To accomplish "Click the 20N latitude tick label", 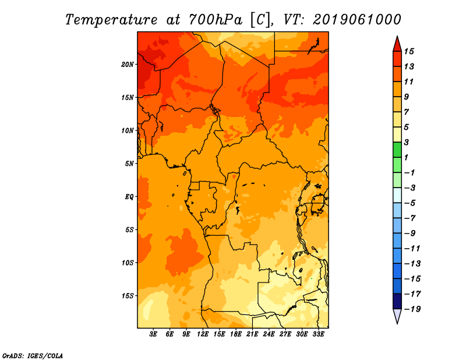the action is (x=128, y=65).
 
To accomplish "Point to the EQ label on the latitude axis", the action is (x=129, y=197).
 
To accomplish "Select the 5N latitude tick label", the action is (x=129, y=164).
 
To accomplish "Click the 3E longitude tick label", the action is (x=153, y=334).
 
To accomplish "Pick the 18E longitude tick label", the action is (x=236, y=334).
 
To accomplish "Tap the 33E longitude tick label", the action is (x=318, y=334).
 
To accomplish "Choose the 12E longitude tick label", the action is (x=203, y=334).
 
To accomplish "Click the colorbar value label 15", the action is (x=409, y=51).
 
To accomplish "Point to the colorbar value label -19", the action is (x=412, y=309).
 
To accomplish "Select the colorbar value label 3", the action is (x=407, y=142).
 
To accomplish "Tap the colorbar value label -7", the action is (x=410, y=218).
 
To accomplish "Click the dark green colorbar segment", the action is (x=397, y=150).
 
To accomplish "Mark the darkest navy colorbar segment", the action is (x=397, y=301).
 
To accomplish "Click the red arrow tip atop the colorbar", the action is (x=397, y=36).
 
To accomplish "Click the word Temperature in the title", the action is (x=111, y=20).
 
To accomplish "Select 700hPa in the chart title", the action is (x=216, y=20).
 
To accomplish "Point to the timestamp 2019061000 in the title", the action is (x=357, y=20).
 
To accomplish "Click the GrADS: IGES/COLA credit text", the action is (x=33, y=356).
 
